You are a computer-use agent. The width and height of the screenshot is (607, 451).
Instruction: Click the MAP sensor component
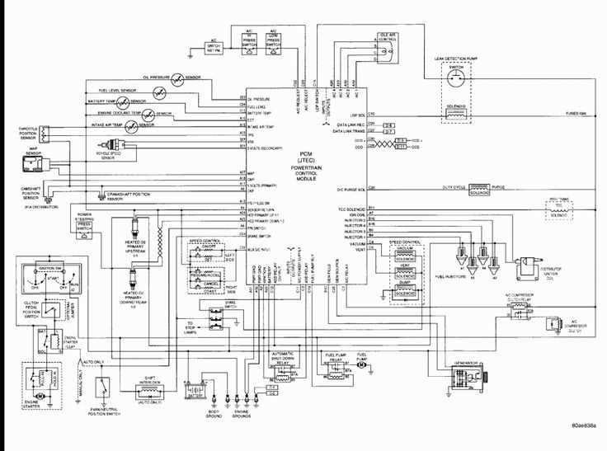pos(34,165)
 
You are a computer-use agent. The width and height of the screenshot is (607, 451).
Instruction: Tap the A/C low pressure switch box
pos(273,40)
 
